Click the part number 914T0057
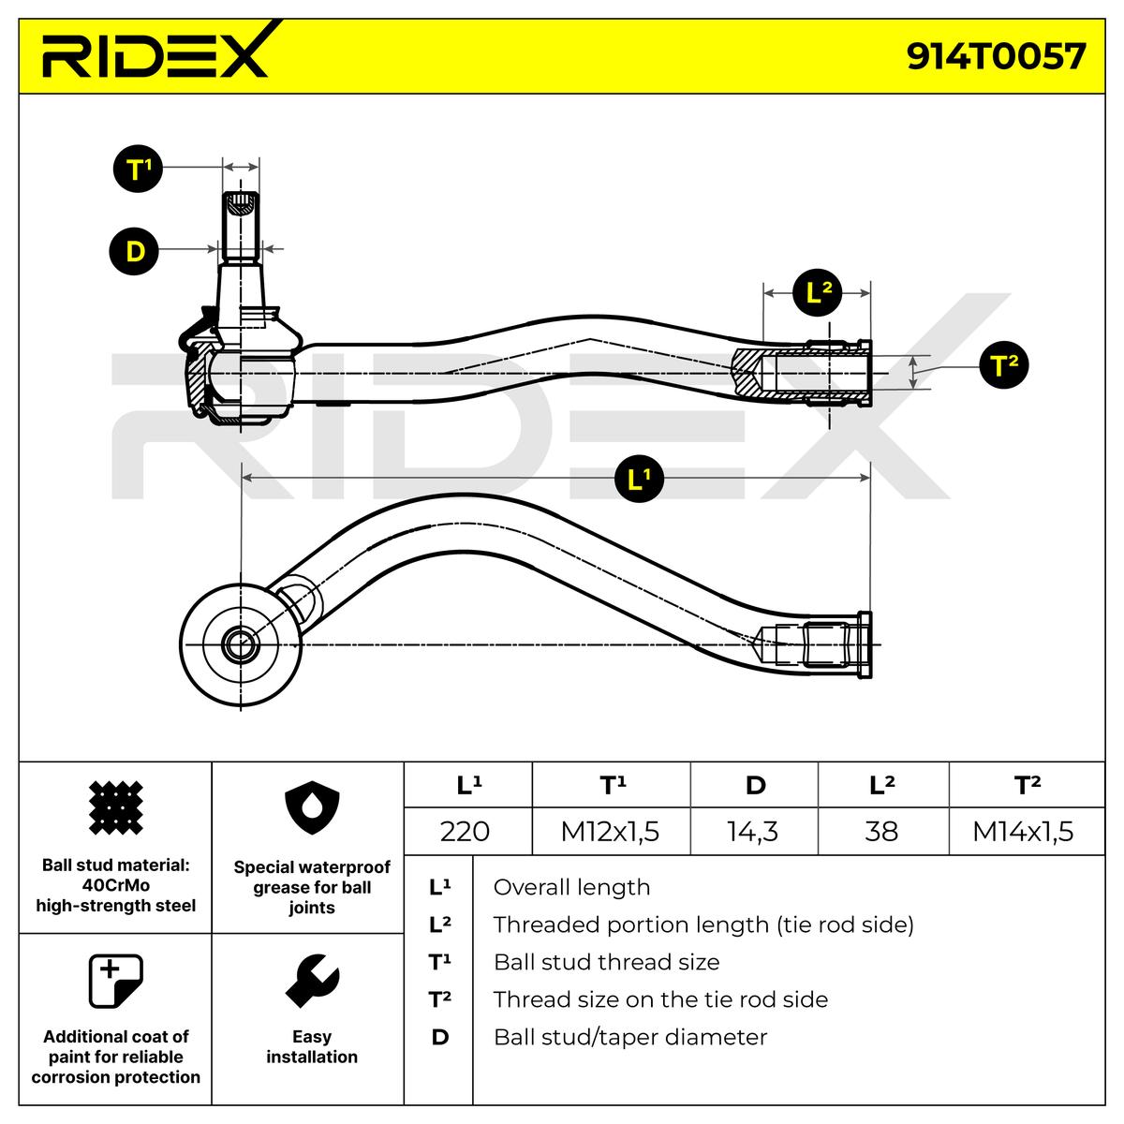[996, 56]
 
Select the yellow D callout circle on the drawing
[135, 252]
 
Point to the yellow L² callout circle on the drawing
[818, 292]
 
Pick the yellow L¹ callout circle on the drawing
[639, 479]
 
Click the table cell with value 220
[466, 831]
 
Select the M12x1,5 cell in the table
[610, 831]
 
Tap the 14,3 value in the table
[753, 831]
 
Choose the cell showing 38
[881, 831]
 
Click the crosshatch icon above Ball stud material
[115, 807]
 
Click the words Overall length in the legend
[571, 887]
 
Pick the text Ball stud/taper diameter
[629, 1037]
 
